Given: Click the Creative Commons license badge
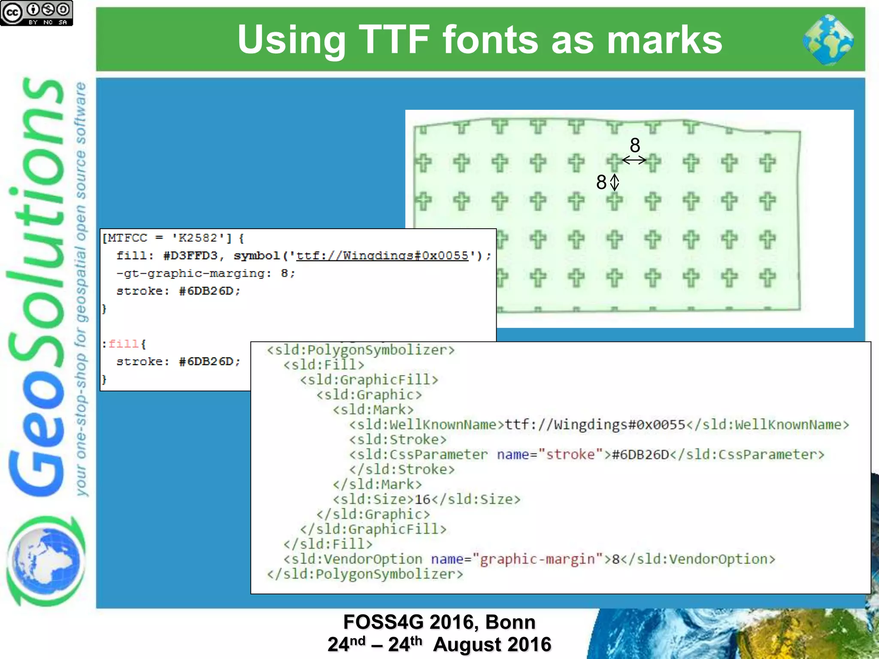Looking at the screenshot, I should click(36, 13).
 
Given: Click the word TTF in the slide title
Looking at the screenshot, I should click(394, 39).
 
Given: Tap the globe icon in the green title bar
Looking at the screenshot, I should click(828, 40).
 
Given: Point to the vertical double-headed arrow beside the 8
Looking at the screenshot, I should click(615, 182).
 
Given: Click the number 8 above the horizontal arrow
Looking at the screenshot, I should click(635, 145).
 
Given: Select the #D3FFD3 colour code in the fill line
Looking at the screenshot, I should click(191, 256).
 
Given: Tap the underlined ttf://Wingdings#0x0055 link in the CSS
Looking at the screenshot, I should click(382, 256).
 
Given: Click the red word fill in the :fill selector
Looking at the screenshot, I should click(123, 344).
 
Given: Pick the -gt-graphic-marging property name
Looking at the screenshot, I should click(194, 274).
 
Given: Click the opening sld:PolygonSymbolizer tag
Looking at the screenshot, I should click(361, 350).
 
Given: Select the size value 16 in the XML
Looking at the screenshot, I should click(422, 499).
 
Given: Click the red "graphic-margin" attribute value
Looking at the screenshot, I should click(537, 559).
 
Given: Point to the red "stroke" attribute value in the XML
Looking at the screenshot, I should click(570, 455).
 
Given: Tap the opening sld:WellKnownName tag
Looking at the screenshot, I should click(427, 425).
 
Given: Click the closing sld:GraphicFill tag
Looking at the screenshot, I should click(373, 529).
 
